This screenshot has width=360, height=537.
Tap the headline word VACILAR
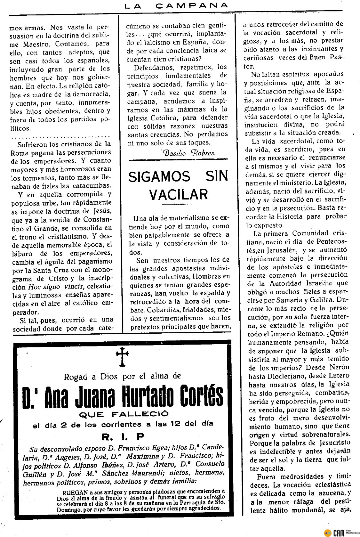(179, 194)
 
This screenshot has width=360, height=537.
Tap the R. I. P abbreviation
(123, 436)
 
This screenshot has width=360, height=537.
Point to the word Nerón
(340, 367)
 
